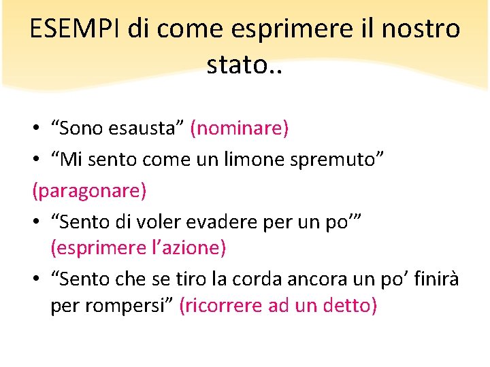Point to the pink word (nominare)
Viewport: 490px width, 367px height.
coord(240,128)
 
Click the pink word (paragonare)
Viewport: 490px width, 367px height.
coord(89,190)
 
